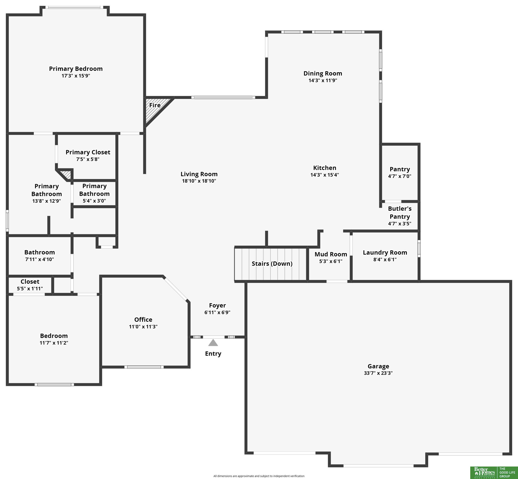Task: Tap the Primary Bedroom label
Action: coord(76,69)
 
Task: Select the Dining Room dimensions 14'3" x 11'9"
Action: coord(323,80)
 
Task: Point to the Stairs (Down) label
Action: coord(272,264)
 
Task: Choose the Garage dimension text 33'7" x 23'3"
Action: coord(378,373)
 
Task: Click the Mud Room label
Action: coord(331,254)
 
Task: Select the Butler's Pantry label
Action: coord(400,212)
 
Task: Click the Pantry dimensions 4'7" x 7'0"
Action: coord(400,176)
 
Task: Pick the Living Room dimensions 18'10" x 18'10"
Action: coord(199,181)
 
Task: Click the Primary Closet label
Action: coord(88,152)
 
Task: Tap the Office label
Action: coord(143,320)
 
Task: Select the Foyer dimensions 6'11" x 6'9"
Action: coord(217,312)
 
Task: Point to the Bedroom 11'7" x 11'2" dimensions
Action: coord(54,343)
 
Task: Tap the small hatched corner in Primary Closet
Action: coord(66,174)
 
